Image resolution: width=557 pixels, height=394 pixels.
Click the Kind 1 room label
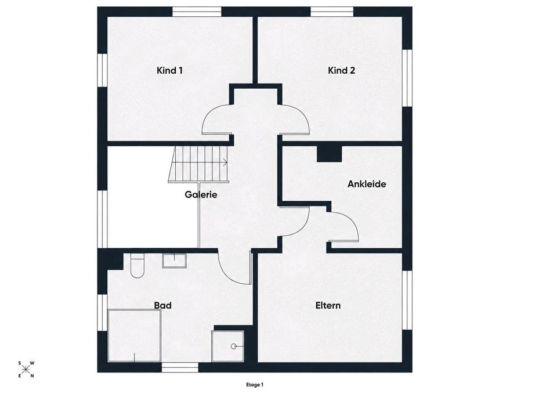click(x=169, y=70)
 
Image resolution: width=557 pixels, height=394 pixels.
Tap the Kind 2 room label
click(x=341, y=70)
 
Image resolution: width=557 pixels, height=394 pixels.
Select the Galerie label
click(x=201, y=195)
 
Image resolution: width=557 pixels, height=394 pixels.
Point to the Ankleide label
click(x=367, y=184)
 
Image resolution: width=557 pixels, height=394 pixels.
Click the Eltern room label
click(x=328, y=306)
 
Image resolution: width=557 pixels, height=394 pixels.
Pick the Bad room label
click(x=162, y=306)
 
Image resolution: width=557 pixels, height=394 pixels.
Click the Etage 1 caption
click(x=255, y=384)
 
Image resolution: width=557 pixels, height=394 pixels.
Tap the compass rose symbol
click(x=26, y=370)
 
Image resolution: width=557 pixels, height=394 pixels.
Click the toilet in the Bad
click(x=137, y=266)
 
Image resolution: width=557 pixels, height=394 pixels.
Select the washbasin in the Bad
click(x=175, y=261)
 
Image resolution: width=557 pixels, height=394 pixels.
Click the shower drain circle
click(x=233, y=346)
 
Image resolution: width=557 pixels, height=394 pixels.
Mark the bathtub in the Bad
click(x=134, y=335)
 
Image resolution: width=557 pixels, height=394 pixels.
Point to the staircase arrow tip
click(x=227, y=162)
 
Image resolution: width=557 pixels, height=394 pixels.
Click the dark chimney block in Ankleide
click(x=329, y=154)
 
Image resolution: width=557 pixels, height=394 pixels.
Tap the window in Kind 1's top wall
click(x=197, y=12)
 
